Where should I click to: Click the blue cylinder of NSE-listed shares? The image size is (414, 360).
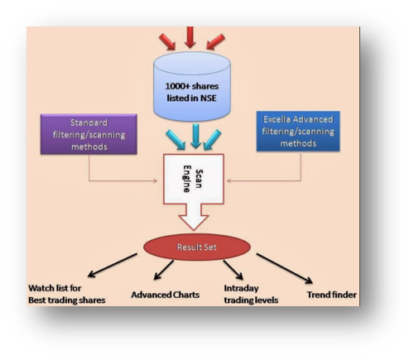pos(192,86)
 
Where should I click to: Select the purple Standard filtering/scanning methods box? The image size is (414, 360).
pos(89,134)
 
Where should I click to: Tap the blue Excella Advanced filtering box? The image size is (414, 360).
pos(298,131)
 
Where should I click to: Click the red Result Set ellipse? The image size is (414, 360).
pos(197,247)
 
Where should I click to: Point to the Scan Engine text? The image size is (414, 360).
pos(193,179)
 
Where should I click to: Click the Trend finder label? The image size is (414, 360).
pos(331,295)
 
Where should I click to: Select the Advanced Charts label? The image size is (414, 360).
pos(165,295)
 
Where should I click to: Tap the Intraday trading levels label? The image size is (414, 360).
pos(251,294)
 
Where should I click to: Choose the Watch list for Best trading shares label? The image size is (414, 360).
pos(67,294)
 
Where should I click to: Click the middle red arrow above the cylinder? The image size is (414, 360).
pos(190,37)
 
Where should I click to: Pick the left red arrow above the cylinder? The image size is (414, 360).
pos(167,41)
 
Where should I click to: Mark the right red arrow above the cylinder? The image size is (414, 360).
pos(215,41)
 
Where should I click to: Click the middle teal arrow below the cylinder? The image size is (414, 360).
pos(195,136)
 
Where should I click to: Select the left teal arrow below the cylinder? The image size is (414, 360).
pos(176,140)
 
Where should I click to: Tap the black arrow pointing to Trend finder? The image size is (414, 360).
pos(285,268)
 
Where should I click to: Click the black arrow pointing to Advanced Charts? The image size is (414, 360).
pos(164,270)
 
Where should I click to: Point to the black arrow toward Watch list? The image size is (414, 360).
pos(113,265)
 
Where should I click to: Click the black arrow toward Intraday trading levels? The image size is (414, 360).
pos(233,270)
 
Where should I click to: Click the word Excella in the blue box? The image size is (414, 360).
pos(277,119)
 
